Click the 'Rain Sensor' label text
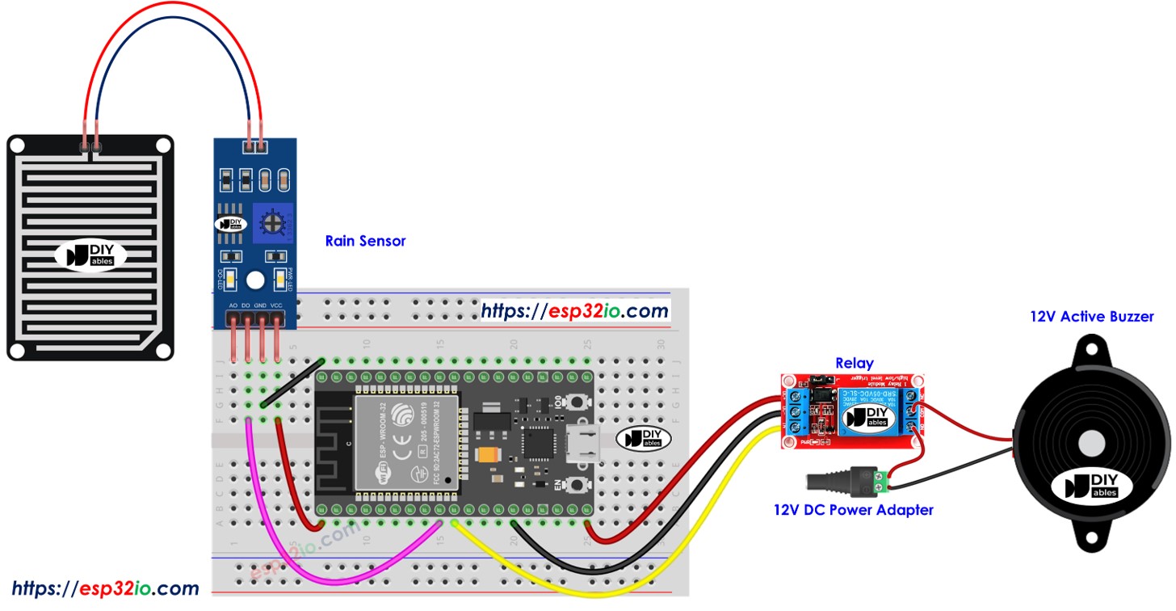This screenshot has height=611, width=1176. point(365,241)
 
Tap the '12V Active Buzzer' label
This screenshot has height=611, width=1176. point(1091,317)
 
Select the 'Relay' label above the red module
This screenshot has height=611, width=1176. point(854,363)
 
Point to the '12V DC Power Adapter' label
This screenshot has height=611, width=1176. point(853,510)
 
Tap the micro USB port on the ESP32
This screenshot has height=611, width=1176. point(583,445)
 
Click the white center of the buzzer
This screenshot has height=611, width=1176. point(1090,442)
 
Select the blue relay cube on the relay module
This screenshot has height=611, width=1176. point(868,415)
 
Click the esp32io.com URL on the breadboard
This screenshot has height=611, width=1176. point(574,310)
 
